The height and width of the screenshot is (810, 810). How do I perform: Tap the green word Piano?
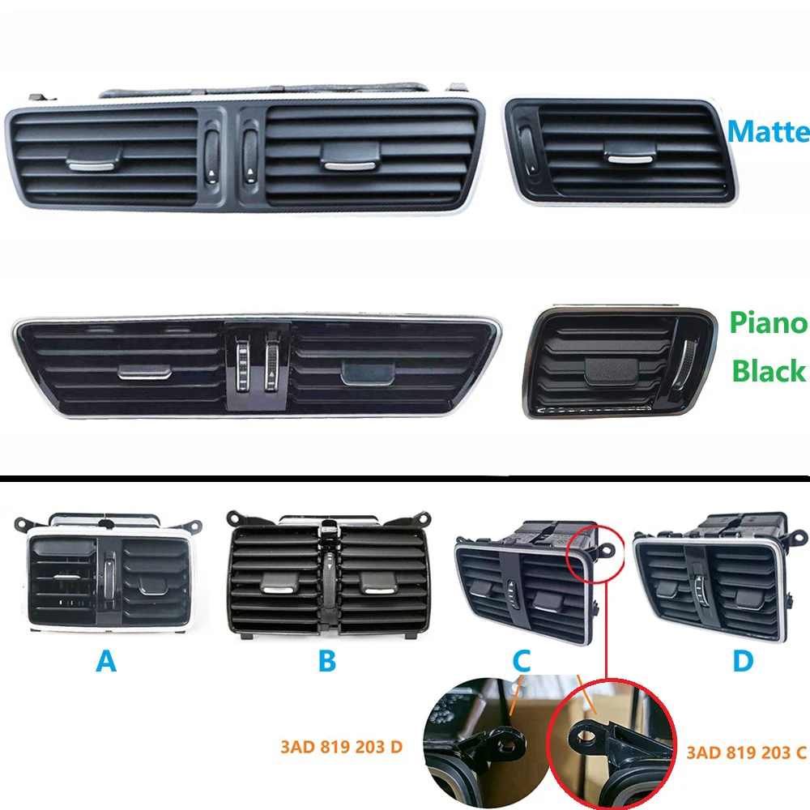coord(768,323)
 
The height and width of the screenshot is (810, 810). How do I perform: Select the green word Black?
coord(768,370)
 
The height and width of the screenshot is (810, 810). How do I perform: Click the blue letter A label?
coord(105,662)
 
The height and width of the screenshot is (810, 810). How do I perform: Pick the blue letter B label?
coord(326,662)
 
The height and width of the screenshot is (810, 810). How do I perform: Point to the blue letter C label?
coord(522,662)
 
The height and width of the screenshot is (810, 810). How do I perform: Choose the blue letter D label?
coord(742,662)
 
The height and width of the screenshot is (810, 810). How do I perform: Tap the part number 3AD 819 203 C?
coord(746,753)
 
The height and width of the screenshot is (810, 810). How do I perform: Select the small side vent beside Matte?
coord(620,151)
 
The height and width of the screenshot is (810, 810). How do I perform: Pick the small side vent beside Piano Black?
coord(620,362)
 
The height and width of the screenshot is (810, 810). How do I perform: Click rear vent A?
coord(105,576)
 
